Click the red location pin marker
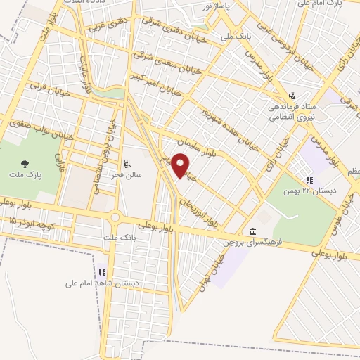(181, 165)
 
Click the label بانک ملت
(116, 239)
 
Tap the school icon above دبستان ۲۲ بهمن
(309, 181)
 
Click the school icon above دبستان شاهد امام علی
(103, 271)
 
